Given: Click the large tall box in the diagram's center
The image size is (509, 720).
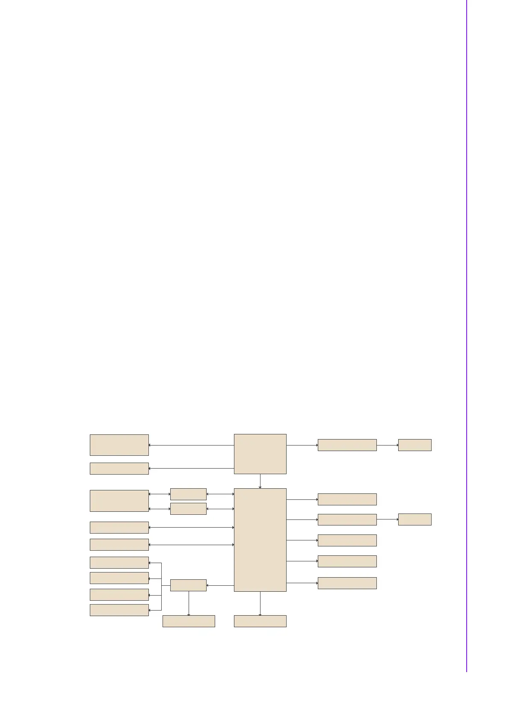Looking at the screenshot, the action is point(260,540).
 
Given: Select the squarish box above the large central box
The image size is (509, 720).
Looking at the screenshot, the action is point(260,454).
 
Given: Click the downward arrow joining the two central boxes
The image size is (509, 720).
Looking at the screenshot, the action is point(260,481).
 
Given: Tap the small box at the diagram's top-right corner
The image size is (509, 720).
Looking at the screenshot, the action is point(414,445).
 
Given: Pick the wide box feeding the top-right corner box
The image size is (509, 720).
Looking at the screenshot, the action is point(347,445).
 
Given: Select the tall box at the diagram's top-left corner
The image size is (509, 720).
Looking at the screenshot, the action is point(119,445).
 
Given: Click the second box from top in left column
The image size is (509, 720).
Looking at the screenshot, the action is point(119,468).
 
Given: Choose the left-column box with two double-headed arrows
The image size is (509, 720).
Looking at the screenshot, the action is point(119,501).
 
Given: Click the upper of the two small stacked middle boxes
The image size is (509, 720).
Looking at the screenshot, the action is point(188,494).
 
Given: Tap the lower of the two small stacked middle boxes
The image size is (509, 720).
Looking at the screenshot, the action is point(188,509).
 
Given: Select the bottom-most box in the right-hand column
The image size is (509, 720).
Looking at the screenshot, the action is point(347,583).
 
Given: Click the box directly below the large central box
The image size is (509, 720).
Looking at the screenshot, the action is point(260,621).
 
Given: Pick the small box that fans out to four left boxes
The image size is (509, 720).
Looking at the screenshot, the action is point(188,585).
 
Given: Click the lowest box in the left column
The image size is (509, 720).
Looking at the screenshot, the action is point(119,610).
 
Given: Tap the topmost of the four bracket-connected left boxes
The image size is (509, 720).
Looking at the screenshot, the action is point(119,562).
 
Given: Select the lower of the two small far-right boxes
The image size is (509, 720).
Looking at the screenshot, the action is point(414,519).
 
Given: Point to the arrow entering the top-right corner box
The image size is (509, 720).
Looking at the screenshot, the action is point(387,445).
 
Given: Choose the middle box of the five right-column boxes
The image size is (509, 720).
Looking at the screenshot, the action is point(347,540).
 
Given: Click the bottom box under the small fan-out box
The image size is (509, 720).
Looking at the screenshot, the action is point(189,621).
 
